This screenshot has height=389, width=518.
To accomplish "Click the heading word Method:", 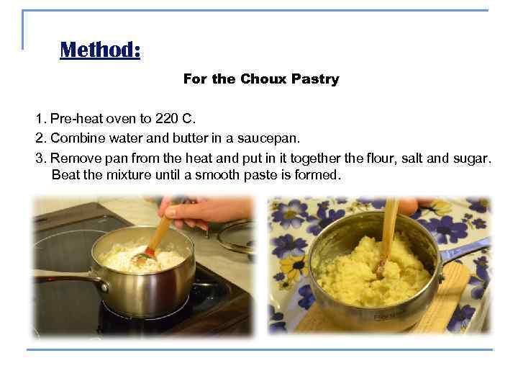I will click(x=100, y=50).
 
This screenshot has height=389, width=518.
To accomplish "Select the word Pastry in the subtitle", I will click(x=315, y=79).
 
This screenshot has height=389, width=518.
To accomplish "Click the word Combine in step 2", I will click(x=78, y=137).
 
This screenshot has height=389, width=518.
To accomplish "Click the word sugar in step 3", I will click(x=474, y=156).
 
